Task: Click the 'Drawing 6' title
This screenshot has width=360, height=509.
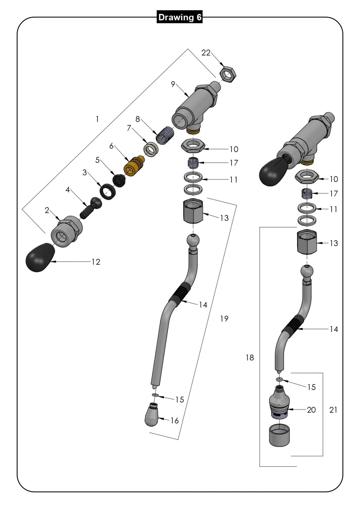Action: pos(180,17)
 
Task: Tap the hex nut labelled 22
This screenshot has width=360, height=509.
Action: pos(229,74)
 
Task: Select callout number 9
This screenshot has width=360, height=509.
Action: pos(173,84)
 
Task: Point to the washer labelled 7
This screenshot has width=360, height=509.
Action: pos(151,149)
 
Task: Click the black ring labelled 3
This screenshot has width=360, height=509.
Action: pos(109,191)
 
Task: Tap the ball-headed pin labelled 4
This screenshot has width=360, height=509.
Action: pos(91,208)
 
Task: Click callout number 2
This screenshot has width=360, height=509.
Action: pos(47,211)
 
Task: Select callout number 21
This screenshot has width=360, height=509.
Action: pos(333,410)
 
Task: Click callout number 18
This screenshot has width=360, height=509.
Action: pos(250,358)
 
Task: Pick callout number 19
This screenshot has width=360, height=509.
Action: pos(224,319)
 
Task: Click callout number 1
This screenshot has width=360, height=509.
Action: pos(97,119)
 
